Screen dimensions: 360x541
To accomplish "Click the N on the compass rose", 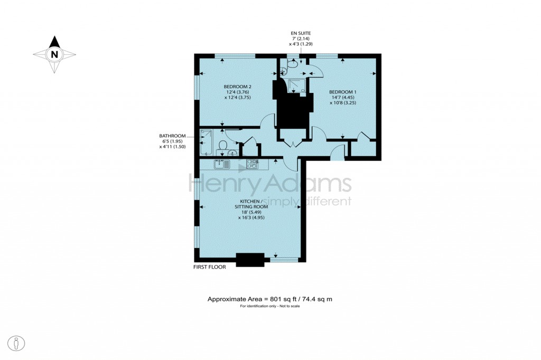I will tap(54, 54).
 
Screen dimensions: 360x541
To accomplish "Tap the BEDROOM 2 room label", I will tap(237, 87).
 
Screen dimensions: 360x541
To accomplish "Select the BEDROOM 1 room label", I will tap(342, 92).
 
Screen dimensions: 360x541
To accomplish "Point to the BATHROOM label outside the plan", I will tap(172, 136).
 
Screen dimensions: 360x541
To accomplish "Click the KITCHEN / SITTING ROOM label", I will tap(250, 204).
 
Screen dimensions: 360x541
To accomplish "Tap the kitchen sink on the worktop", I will tap(222, 164).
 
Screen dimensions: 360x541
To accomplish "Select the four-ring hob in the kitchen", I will tap(252, 164).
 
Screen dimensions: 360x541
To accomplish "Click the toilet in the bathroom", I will tap(222, 145).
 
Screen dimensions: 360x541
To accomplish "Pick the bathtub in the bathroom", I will tap(207, 143).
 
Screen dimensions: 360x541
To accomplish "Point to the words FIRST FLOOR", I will tap(209, 267).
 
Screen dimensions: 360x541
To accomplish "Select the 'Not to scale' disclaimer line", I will tap(269, 307).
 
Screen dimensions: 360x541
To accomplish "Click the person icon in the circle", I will tap(17, 344).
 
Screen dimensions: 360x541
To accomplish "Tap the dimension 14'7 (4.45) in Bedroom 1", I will tap(342, 98).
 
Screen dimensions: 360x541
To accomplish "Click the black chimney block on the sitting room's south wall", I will tap(250, 260).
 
